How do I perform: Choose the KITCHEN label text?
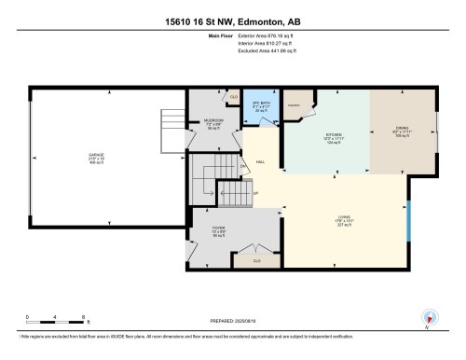[335, 137]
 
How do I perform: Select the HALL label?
[262, 159]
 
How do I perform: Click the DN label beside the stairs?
[241, 168]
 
